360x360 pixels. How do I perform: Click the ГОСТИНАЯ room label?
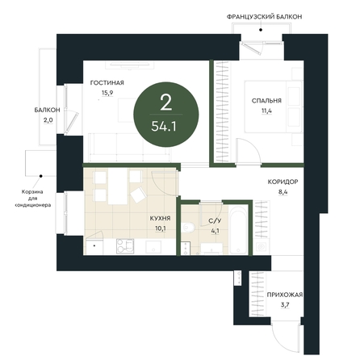(x=107, y=83)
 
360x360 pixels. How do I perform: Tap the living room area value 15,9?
(x=107, y=93)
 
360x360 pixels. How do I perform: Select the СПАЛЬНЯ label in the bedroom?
(x=266, y=101)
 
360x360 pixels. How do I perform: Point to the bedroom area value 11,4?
(x=266, y=111)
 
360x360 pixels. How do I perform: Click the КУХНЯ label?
(x=161, y=219)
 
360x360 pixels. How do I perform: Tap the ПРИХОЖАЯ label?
(x=285, y=295)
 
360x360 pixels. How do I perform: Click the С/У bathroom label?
(x=215, y=221)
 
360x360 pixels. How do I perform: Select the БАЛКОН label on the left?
(x=47, y=110)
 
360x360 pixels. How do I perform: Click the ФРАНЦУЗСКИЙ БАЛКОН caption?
(x=264, y=17)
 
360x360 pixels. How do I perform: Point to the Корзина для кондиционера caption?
(x=32, y=199)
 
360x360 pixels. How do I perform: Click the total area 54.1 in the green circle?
(x=164, y=126)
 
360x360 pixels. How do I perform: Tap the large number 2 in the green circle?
(x=165, y=103)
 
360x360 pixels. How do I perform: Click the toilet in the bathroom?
(x=188, y=228)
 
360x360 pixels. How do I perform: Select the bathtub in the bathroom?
(x=238, y=229)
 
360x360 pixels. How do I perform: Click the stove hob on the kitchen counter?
(x=125, y=246)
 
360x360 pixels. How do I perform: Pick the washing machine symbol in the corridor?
(x=262, y=246)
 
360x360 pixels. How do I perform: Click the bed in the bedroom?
(x=273, y=107)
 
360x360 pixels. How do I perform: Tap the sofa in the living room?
(x=130, y=147)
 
